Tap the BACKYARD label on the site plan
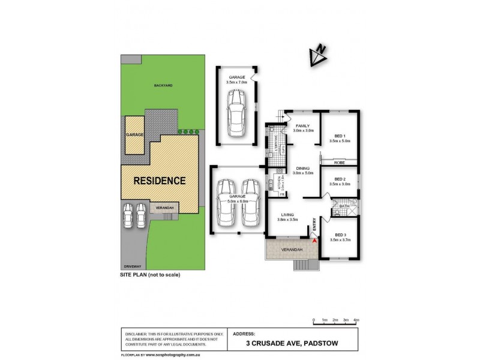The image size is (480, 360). tap(163, 86)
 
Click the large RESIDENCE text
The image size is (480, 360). tap(159, 180)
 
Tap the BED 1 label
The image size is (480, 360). tap(339, 136)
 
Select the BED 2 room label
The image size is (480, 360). tap(340, 179)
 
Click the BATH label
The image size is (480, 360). tap(344, 206)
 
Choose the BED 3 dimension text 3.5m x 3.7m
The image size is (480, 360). tap(340, 240)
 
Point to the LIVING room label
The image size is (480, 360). tap(287, 215)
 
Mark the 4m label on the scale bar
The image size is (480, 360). tap(356, 321)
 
